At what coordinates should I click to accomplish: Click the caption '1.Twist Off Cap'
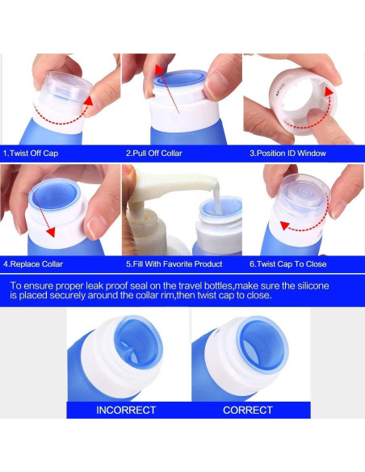[31, 154]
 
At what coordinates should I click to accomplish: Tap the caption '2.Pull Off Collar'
[154, 154]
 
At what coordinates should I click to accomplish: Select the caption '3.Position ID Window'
[287, 154]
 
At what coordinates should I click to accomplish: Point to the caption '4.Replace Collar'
[33, 264]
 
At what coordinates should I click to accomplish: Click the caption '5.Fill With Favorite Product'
[174, 264]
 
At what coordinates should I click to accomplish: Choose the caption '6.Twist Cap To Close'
[288, 264]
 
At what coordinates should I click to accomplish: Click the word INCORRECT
[126, 410]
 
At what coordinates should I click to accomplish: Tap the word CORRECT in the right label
[248, 410]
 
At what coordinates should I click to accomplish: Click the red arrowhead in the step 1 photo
[89, 102]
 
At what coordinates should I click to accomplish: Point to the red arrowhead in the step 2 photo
[159, 70]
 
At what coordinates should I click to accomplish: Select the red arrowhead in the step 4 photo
[51, 232]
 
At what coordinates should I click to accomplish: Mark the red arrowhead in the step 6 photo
[284, 225]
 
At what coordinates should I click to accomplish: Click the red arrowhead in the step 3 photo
[329, 91]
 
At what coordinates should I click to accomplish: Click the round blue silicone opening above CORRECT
[262, 344]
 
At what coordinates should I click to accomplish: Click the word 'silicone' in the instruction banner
[313, 285]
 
